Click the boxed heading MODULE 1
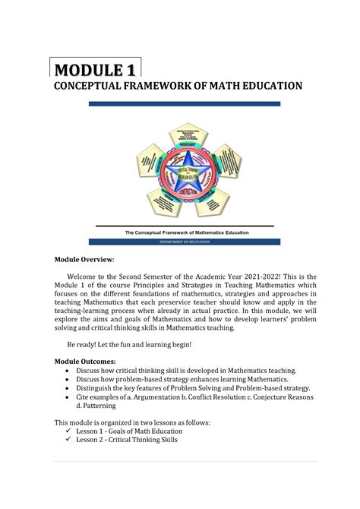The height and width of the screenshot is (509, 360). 95,70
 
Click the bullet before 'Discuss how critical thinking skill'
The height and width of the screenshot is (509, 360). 69,370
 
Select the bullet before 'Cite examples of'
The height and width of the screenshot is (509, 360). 69,397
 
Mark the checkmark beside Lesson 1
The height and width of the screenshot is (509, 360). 69,431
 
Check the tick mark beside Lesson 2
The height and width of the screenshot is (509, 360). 69,440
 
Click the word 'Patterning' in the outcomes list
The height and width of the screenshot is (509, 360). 95,407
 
